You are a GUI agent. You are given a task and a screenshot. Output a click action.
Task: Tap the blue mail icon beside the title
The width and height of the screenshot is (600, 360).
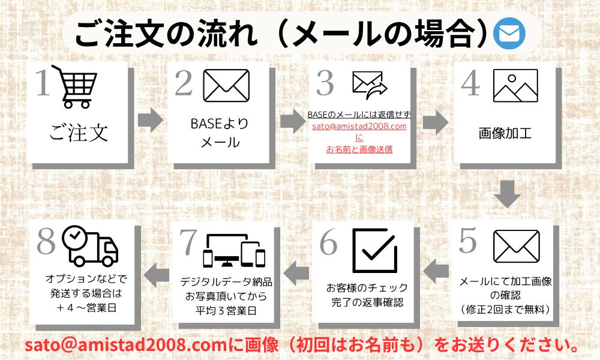coord(509,35)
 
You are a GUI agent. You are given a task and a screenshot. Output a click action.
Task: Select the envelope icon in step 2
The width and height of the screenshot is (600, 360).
coord(226,85)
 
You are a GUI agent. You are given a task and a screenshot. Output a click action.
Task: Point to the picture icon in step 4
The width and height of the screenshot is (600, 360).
coord(515,86)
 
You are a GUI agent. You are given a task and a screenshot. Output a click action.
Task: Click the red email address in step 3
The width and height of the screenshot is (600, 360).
coord(359,127)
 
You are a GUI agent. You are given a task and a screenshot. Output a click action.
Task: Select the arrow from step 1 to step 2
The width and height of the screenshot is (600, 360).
coord(150,120)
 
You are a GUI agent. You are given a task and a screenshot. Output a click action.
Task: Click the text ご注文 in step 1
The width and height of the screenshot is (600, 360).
coord(79,131)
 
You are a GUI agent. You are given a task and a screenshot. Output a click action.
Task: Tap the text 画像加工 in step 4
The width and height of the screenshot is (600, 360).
coord(505,133)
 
